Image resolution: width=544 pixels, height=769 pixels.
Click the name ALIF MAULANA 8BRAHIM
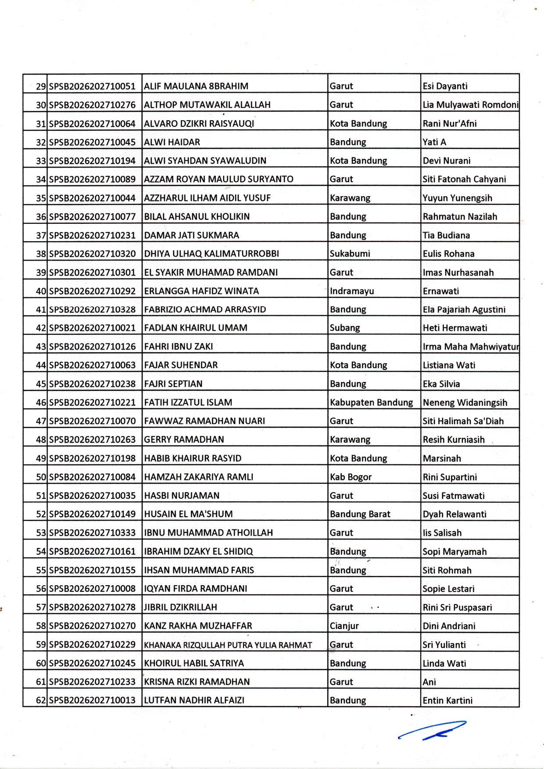tap(196, 86)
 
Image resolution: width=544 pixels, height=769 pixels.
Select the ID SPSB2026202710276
tap(92, 105)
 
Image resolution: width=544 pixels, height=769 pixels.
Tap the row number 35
tap(41, 198)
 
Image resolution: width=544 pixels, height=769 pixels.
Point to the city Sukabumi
tap(350, 254)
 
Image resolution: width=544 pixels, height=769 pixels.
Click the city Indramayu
tap(352, 291)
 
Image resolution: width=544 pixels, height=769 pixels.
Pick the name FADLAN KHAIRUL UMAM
tap(196, 328)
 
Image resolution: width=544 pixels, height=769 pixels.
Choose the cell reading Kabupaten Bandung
tap(371, 402)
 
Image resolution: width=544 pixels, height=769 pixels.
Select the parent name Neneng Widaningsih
tap(465, 402)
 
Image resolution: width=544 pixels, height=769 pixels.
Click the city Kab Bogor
tap(351, 477)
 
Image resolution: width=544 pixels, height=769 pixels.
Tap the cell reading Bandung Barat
tap(360, 514)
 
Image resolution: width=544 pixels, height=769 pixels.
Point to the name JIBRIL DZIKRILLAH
tap(180, 607)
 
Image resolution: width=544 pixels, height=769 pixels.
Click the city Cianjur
tap(344, 626)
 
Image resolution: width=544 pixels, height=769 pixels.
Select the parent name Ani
tap(429, 682)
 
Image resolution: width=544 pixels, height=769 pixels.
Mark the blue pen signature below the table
tap(432, 730)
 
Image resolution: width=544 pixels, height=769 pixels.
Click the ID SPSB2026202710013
tap(92, 700)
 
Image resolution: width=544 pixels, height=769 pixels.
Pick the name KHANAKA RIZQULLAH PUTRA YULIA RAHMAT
tap(228, 645)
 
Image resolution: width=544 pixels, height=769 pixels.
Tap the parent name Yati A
tap(434, 142)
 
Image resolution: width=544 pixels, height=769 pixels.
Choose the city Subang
tap(345, 328)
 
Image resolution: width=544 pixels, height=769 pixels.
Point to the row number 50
tap(41, 477)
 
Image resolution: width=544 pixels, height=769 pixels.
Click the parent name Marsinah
tap(442, 458)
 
